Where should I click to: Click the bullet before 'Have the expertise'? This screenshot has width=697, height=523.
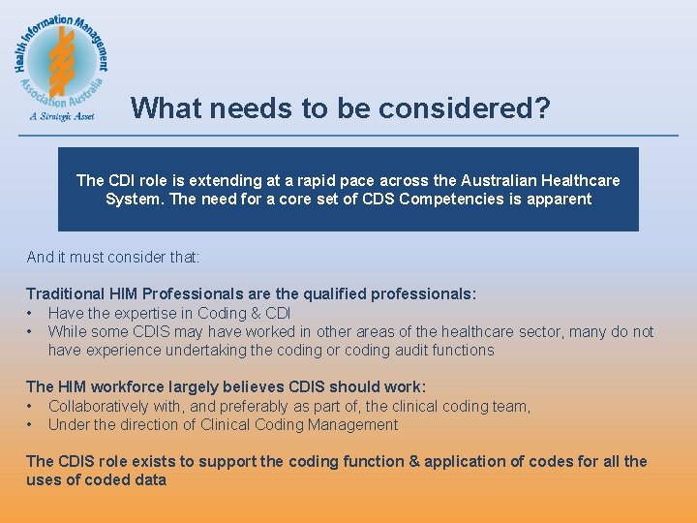pos(31,313)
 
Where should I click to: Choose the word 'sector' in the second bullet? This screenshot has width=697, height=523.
pos(538,332)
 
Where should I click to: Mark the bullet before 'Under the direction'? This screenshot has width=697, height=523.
pos(31,425)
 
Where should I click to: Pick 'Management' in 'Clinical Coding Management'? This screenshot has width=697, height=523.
pos(353,425)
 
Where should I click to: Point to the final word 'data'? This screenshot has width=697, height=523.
pos(150,480)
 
